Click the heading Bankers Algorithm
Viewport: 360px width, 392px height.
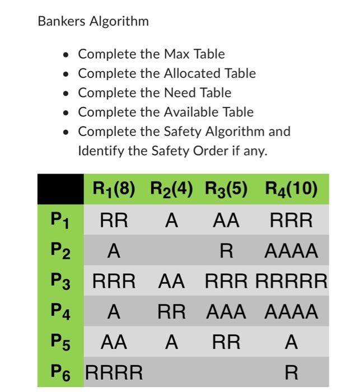(93, 22)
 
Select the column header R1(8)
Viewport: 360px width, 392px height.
(114, 189)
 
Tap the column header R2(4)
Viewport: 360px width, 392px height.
(171, 189)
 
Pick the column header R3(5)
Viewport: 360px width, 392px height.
(226, 189)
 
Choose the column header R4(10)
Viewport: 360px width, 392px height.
(291, 189)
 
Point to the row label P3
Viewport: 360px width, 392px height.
(60, 282)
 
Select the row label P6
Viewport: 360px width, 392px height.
(60, 371)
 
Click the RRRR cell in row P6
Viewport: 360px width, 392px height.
(114, 371)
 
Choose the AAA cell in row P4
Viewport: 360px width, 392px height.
(226, 311)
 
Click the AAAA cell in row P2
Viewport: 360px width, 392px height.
(291, 251)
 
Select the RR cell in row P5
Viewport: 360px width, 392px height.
(226, 342)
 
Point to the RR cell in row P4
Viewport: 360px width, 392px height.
(171, 311)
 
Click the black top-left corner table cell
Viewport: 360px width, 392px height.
(60, 189)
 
